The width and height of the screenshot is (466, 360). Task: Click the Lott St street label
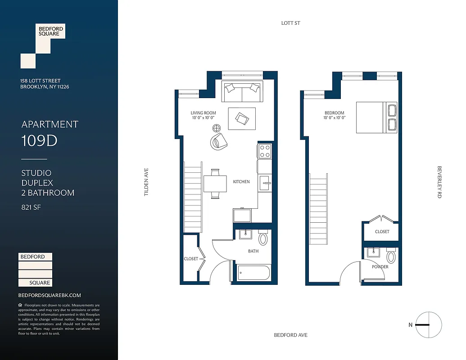coord(290,23)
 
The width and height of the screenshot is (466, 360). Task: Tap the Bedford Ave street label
coord(290,335)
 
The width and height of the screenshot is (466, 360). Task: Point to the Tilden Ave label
coord(146,182)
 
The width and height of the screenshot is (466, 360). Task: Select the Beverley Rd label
coord(439,182)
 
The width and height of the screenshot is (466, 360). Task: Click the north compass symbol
coord(428,324)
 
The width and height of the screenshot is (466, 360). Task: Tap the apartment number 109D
coord(40,141)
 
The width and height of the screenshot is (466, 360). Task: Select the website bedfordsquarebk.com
coord(50,295)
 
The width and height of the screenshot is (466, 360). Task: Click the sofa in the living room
coord(242,92)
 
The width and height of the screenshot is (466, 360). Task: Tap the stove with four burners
coord(264,151)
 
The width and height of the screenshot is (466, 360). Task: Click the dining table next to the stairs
coord(215,184)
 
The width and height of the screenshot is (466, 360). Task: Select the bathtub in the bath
coord(253,272)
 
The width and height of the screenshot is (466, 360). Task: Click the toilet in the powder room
coord(390,257)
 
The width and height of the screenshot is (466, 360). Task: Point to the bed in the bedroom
coord(376,117)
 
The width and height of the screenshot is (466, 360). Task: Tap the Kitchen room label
coord(241,182)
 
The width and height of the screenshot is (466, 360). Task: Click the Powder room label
coord(380,267)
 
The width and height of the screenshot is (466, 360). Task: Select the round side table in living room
coord(217,128)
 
